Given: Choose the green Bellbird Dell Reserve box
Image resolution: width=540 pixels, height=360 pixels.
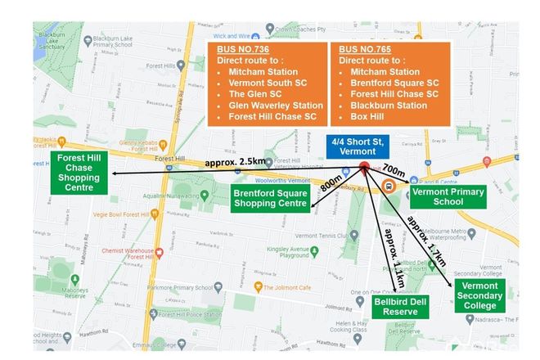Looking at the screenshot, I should [x=396, y=307].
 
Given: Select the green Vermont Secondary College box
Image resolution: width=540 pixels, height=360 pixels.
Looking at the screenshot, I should [x=480, y=295].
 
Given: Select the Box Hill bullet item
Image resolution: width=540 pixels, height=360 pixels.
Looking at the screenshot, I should [x=367, y=116].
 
